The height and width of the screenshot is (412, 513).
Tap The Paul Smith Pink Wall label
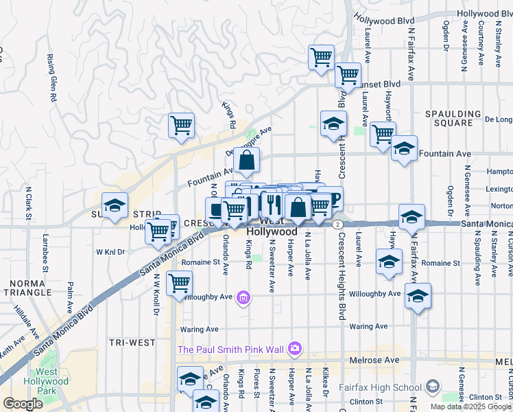[x=230, y=349]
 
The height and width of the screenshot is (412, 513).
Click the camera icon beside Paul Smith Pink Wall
[x=296, y=349]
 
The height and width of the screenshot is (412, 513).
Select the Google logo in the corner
[x=23, y=404]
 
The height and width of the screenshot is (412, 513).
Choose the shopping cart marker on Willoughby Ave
[x=180, y=282]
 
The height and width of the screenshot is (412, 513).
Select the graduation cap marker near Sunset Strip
[x=115, y=205]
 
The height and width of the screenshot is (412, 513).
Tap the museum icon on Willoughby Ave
[x=243, y=298]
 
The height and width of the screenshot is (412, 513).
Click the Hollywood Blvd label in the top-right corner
[x=484, y=14]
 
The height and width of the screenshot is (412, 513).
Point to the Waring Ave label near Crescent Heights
[x=365, y=327]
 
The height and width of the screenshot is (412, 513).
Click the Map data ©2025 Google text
[x=471, y=407]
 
